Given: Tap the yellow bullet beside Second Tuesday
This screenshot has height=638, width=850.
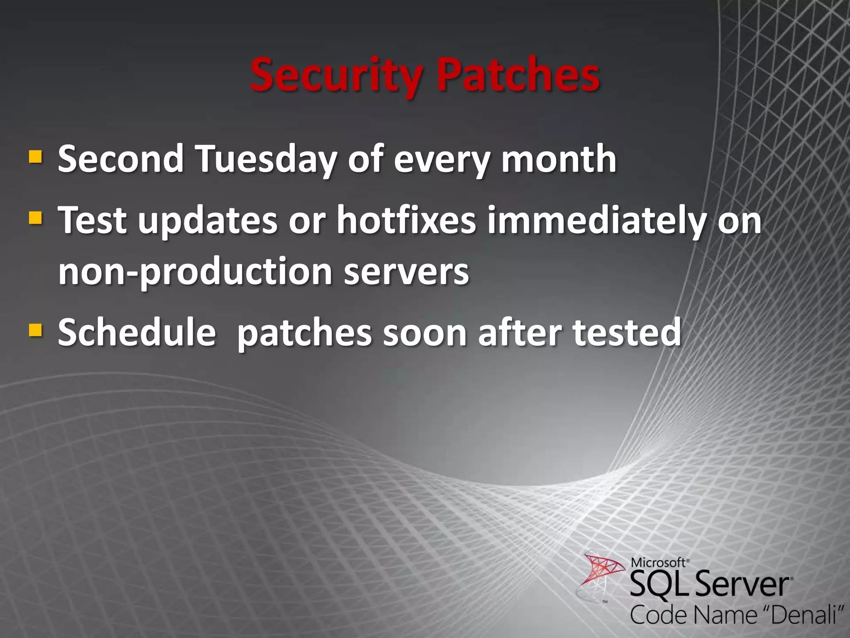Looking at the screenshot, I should pyautogui.click(x=35, y=157).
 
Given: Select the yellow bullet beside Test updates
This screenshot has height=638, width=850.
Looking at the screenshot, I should pyautogui.click(x=35, y=217).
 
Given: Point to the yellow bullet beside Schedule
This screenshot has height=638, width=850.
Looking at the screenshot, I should pyautogui.click(x=35, y=330).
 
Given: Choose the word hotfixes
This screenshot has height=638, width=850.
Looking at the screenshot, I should pyautogui.click(x=406, y=220).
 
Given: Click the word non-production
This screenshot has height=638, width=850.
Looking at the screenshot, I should pyautogui.click(x=195, y=272).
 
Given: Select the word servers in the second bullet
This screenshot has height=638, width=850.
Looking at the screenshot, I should pyautogui.click(x=406, y=272).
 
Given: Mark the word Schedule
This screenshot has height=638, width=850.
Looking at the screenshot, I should pyautogui.click(x=137, y=332).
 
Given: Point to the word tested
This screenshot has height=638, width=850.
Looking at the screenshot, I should pyautogui.click(x=627, y=332).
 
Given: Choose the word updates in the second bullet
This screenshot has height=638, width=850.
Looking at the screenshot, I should pyautogui.click(x=208, y=220).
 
